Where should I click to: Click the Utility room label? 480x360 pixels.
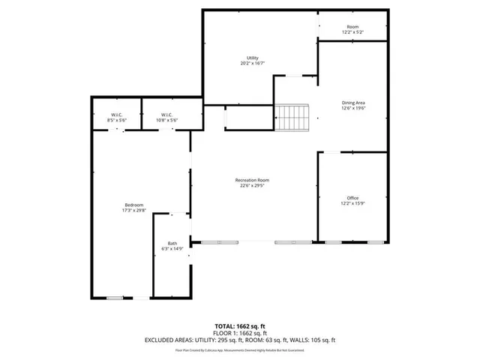253,58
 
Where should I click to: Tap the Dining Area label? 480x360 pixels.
352,102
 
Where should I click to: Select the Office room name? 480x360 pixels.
352,198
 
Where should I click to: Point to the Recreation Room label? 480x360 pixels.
252,181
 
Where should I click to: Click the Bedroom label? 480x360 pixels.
133,205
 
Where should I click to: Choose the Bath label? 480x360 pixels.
172,243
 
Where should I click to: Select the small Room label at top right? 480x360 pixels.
352,27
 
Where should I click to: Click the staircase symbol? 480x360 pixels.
292,117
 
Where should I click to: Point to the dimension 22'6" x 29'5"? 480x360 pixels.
252,187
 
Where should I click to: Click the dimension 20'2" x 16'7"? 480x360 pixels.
253,64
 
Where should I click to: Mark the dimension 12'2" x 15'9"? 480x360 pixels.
352,204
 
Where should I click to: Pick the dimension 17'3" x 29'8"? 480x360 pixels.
133,211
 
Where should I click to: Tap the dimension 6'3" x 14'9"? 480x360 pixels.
172,249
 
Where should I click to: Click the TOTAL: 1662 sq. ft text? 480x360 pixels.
240,325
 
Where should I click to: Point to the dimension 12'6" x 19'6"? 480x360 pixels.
352,108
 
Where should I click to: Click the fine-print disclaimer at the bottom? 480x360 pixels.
240,349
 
